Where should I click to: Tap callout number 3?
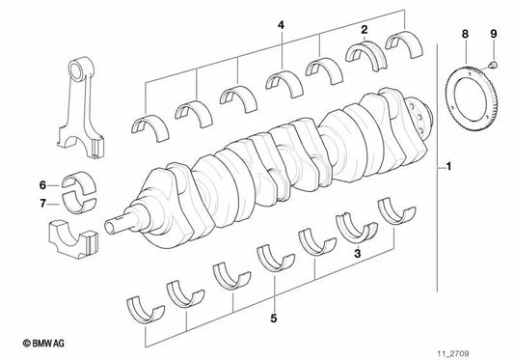pyautogui.click(x=358, y=253)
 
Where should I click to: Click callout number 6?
pyautogui.click(x=42, y=184)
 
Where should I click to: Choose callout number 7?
pyautogui.click(x=42, y=203)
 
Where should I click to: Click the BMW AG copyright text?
pyautogui.click(x=34, y=343)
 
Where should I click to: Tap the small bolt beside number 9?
pyautogui.click(x=492, y=67)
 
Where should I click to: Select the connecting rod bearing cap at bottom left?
pyautogui.click(x=72, y=239)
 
